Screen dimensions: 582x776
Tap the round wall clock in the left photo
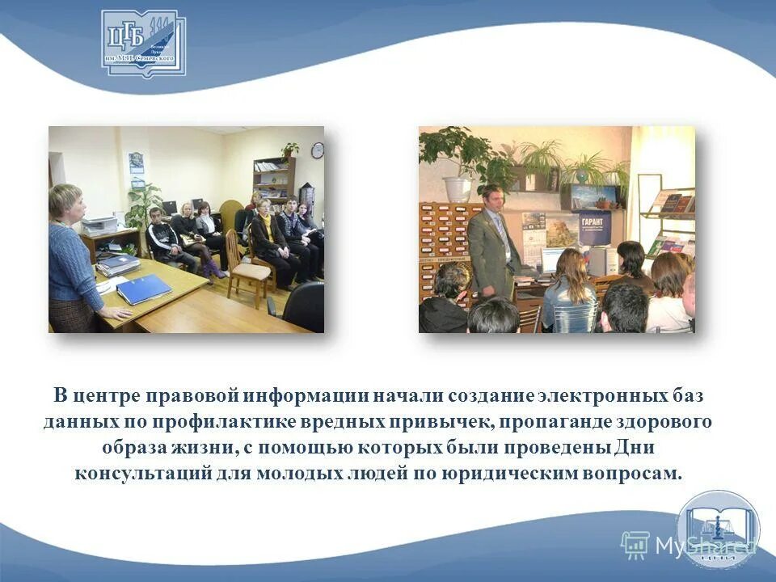click(318, 150)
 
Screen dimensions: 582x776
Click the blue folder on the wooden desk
click(144, 289)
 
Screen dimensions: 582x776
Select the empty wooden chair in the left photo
click(244, 263)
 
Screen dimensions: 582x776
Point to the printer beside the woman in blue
click(99, 226)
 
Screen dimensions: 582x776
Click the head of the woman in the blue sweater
click(65, 204)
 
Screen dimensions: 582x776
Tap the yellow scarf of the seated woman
click(264, 217)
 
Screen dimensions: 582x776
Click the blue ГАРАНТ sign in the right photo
click(596, 228)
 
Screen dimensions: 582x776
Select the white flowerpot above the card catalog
click(457, 189)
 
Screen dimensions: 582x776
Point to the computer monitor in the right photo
click(555, 259)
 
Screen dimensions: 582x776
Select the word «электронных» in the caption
click(605, 397)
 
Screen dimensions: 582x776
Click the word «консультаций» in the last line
click(143, 472)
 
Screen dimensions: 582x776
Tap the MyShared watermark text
click(703, 546)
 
